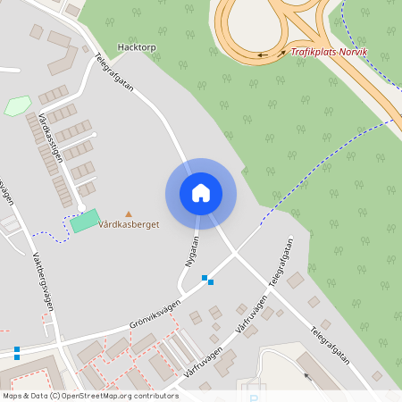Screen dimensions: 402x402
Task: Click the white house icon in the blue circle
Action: point(201,193)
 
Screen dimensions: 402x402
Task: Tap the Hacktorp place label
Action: point(136,46)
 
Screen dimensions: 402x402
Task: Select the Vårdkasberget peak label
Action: point(129,225)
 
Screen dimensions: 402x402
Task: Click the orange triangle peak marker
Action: point(128,214)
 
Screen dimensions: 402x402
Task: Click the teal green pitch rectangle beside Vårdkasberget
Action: point(86,220)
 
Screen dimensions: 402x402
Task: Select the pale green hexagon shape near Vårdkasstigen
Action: point(17,106)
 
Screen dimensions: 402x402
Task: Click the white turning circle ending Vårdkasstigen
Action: point(81,206)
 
